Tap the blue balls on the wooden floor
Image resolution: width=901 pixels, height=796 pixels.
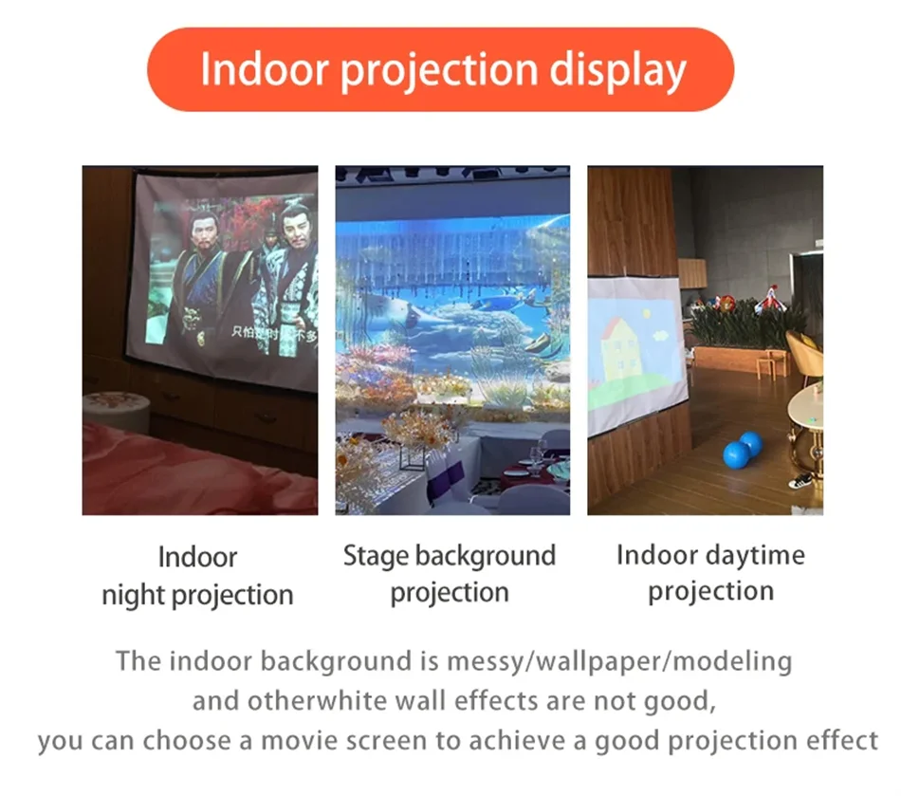point(742,450)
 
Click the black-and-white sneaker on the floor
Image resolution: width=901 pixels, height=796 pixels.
point(801,480)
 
